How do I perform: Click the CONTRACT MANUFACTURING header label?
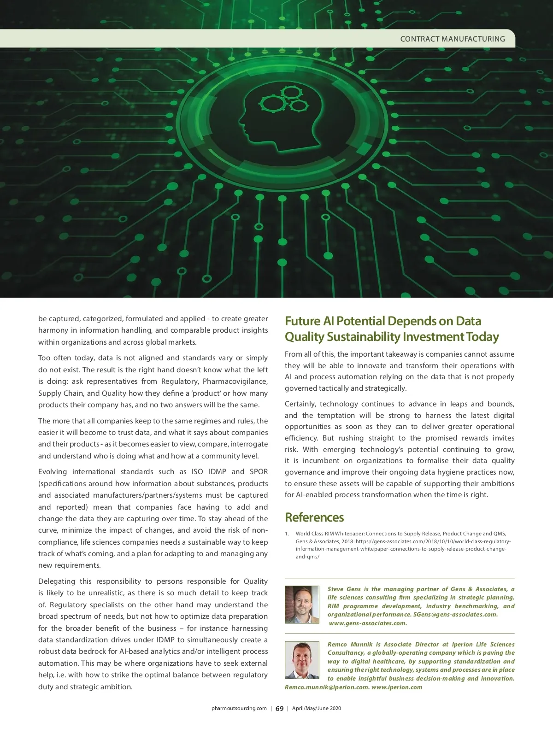point(452,39)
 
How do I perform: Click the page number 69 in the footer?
point(279,709)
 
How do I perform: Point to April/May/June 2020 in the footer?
point(317,709)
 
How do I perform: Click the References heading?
point(314,517)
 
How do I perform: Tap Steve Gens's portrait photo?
point(302,605)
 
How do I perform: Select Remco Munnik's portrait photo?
point(302,660)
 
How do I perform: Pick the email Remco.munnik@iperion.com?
point(327,687)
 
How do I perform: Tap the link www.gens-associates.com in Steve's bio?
point(368,623)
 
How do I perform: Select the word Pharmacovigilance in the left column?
point(235,382)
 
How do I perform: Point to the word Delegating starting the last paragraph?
point(59,581)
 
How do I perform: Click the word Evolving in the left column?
point(53,472)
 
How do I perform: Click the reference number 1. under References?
point(287,534)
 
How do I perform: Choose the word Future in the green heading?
point(302,321)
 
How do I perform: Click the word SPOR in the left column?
point(259,472)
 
